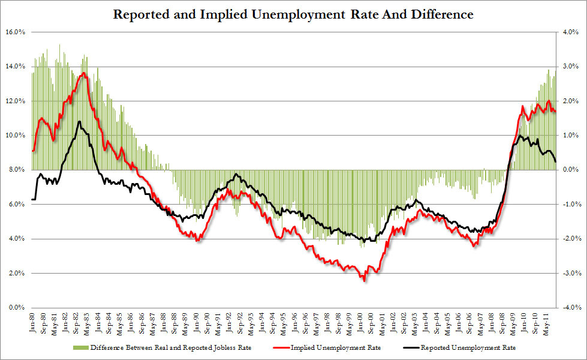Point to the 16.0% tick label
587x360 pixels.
click(x=14, y=31)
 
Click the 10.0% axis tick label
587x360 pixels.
click(x=14, y=135)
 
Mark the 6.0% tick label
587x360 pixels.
click(x=16, y=204)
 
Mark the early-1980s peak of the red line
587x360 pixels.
click(x=83, y=73)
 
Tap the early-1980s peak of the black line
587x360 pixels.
click(x=79, y=122)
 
